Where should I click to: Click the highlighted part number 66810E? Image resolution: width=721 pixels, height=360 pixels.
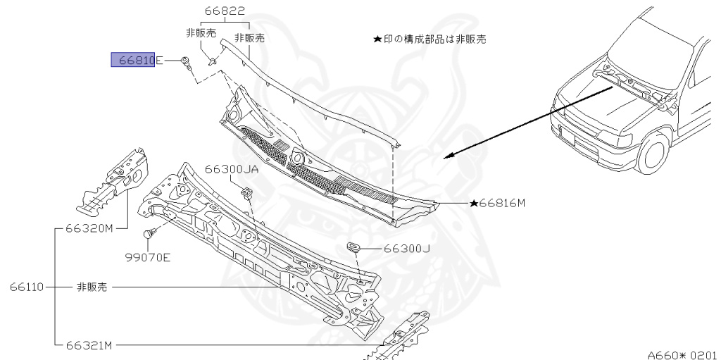click(137, 61)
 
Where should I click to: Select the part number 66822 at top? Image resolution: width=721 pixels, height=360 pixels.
click(225, 12)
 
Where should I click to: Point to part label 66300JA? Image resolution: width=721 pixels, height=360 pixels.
click(232, 170)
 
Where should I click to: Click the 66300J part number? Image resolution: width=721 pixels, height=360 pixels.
click(407, 249)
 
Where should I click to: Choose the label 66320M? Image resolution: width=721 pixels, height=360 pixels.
click(89, 228)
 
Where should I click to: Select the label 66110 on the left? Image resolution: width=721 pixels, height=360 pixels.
click(27, 287)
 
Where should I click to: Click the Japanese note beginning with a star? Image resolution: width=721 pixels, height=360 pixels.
click(429, 39)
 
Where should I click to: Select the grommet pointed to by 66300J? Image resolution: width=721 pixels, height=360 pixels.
click(354, 247)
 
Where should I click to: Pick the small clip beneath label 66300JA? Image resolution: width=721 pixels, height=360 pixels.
click(247, 192)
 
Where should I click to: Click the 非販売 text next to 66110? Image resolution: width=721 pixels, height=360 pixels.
click(92, 287)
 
